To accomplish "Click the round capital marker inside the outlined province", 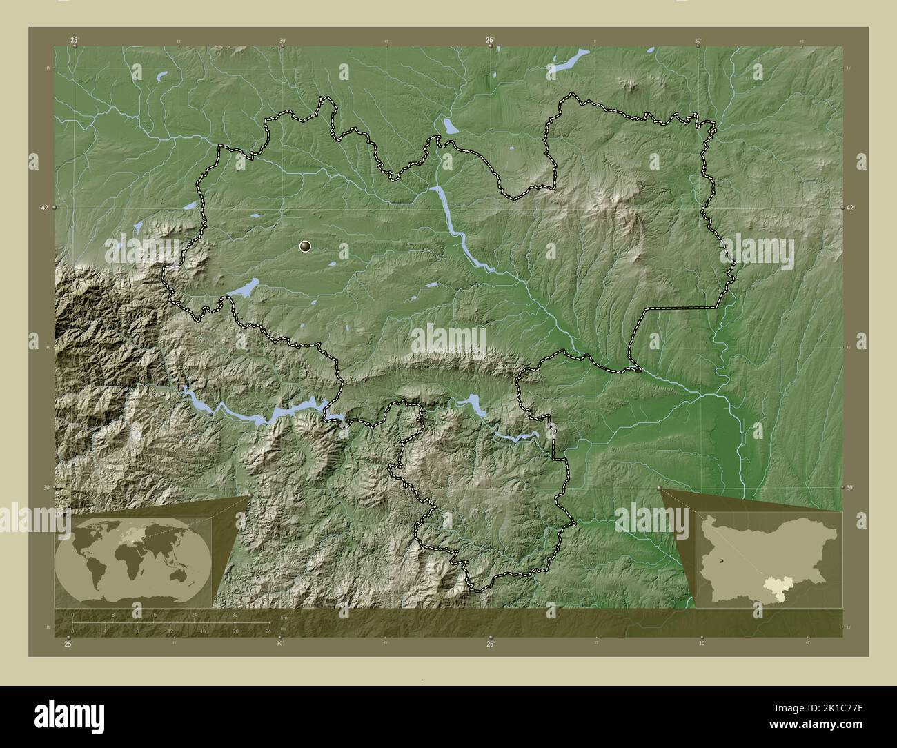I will (x=306, y=246).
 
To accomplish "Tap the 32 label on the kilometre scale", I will (x=235, y=614).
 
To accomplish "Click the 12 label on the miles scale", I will (x=170, y=631).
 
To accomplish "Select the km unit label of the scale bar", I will (x=284, y=618).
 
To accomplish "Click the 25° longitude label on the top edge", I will (x=75, y=41).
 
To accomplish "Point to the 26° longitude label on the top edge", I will (x=489, y=41).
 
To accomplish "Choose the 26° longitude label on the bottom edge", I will (x=489, y=644).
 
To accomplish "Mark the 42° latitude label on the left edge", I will (x=44, y=207).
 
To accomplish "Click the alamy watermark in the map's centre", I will (x=448, y=339).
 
